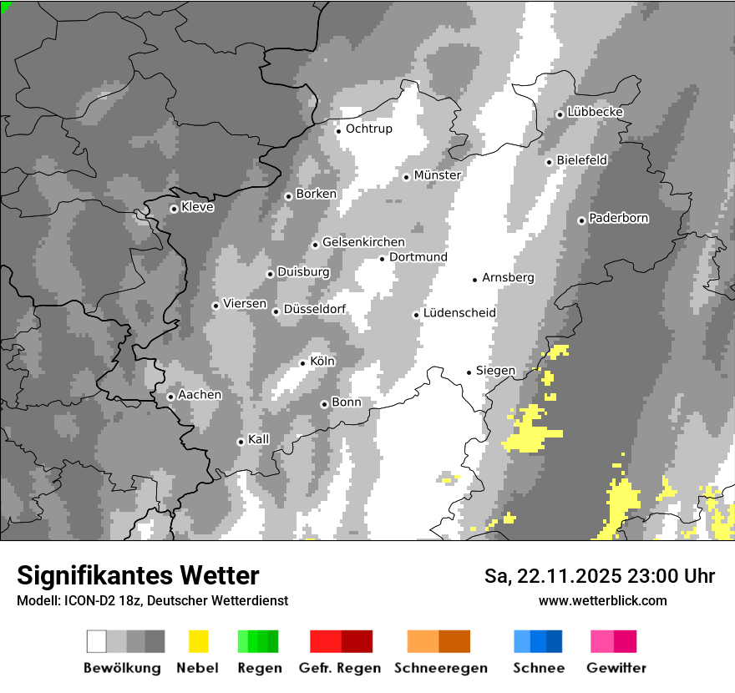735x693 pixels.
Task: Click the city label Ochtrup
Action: [368, 129]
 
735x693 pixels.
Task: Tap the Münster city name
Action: [437, 175]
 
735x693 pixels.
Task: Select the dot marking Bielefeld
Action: [549, 162]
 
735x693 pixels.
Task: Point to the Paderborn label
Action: [618, 218]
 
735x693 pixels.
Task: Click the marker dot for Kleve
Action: [174, 209]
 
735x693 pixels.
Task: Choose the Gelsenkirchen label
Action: [363, 242]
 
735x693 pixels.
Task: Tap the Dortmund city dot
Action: [382, 259]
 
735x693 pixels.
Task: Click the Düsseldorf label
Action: [314, 309]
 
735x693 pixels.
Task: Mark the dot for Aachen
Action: [170, 397]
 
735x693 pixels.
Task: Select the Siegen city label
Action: [495, 371]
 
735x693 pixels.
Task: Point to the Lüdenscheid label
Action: [459, 313]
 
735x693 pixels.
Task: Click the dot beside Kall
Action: [241, 442]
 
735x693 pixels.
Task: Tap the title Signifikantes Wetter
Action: [138, 575]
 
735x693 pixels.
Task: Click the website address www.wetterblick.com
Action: [602, 600]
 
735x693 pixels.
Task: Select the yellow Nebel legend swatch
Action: [198, 641]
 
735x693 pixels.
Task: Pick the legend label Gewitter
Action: [616, 668]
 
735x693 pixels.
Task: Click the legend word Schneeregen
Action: [441, 668]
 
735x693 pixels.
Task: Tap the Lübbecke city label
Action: [595, 112]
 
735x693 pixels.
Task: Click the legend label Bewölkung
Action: [122, 668]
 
